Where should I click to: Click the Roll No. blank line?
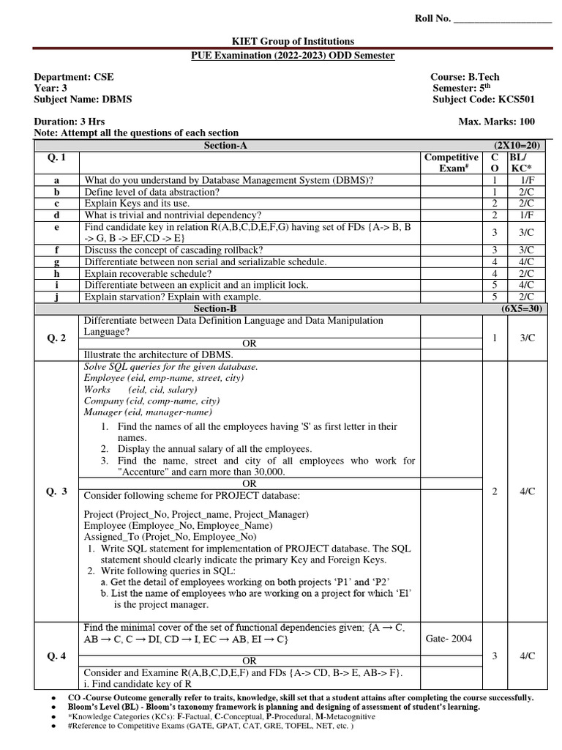click(503, 19)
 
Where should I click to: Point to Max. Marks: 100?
click(496, 122)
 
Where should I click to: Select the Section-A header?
click(225, 146)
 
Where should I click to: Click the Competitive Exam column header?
click(451, 163)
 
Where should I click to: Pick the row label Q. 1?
click(56, 157)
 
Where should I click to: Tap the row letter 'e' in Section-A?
click(56, 228)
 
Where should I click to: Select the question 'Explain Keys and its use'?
click(137, 203)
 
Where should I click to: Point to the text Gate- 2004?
click(449, 639)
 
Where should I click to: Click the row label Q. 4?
click(56, 656)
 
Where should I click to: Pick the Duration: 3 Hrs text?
click(70, 122)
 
